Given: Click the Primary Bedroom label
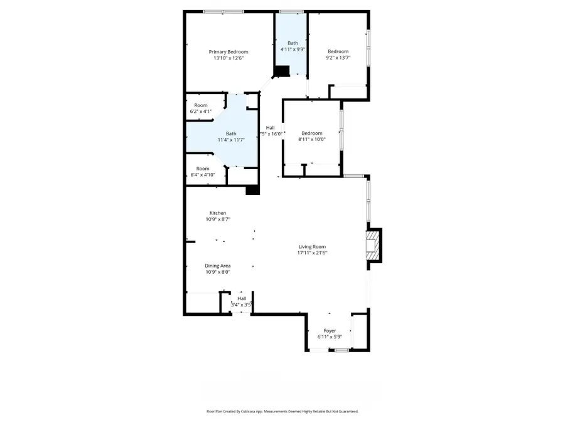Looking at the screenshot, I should (229, 51).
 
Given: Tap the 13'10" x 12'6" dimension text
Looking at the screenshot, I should (229, 58).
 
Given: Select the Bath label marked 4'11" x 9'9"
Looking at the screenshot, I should (293, 43).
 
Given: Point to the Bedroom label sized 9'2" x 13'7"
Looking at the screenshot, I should (338, 51).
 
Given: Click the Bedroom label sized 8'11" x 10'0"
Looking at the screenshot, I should (311, 133).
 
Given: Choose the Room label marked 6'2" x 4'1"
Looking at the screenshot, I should (201, 105).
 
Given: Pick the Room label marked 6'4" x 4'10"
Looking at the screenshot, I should (203, 169).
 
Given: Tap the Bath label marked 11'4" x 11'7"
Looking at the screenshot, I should (232, 133).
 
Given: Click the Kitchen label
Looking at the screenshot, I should (218, 213).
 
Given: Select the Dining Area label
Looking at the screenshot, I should (218, 266).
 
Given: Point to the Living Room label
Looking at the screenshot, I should (312, 246).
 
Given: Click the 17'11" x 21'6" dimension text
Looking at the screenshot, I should (312, 253).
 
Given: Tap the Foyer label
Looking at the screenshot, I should (330, 330).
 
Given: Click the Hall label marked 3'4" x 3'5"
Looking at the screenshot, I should (242, 298).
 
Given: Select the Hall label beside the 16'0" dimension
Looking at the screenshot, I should (270, 128).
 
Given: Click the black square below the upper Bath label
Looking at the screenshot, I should (282, 71).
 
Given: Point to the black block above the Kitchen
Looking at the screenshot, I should (252, 190).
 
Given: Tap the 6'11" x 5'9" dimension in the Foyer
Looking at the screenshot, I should (330, 337).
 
